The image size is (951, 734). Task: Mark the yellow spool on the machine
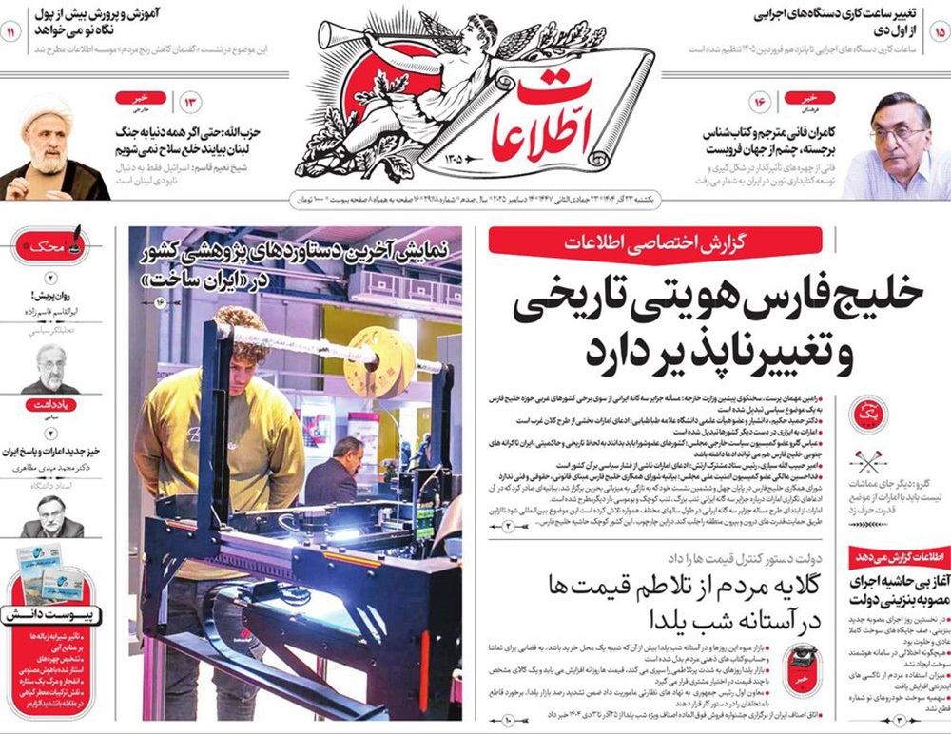pyautogui.click(x=379, y=361)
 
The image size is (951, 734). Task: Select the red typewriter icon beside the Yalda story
pyautogui.click(x=802, y=666)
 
